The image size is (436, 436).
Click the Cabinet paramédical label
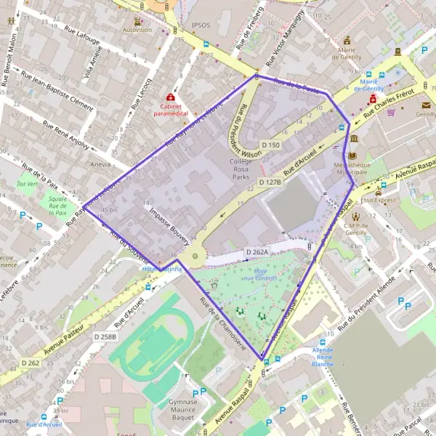[x=170, y=110]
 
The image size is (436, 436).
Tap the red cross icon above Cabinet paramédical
[x=170, y=97]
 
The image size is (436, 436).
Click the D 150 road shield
[x=270, y=145]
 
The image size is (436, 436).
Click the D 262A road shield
[x=257, y=252]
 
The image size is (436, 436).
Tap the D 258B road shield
[x=105, y=336]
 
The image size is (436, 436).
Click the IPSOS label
[x=201, y=25]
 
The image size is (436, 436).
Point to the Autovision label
[x=137, y=31]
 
